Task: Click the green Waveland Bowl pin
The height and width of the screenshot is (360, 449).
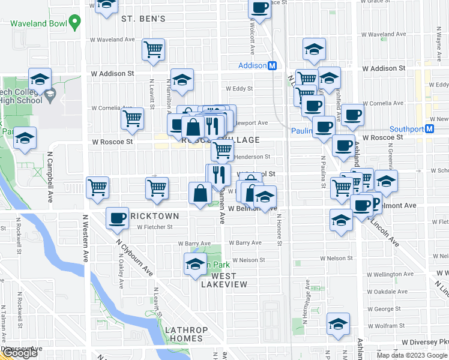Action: [x=74, y=23]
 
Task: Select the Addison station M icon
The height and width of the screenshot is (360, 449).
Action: [x=272, y=65]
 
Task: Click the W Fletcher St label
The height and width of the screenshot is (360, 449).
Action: [x=154, y=227]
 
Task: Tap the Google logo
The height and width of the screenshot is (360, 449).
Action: [x=19, y=353]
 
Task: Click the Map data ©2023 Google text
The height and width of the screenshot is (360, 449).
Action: [x=412, y=355]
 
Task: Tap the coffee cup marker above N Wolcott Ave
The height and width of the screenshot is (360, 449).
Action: [x=259, y=8]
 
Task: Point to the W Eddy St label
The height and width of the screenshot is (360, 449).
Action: [x=239, y=88]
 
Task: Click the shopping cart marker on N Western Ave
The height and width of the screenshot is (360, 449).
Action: [x=97, y=188]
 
